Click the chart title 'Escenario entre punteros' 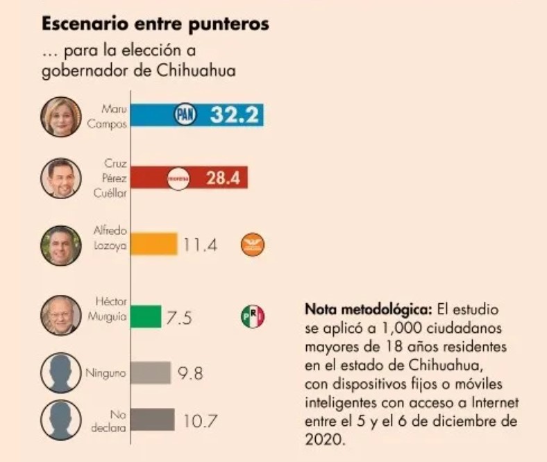(155, 24)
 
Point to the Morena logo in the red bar (179, 178)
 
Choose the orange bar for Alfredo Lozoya (155, 243)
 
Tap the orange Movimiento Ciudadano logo (253, 244)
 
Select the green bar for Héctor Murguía (146, 317)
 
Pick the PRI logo (253, 317)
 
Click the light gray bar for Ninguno (151, 373)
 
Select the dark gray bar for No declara (153, 420)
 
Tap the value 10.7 (201, 420)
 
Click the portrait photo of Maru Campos (62, 116)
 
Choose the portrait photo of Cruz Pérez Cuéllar (62, 179)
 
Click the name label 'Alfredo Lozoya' (110, 238)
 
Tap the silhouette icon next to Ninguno (62, 373)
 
